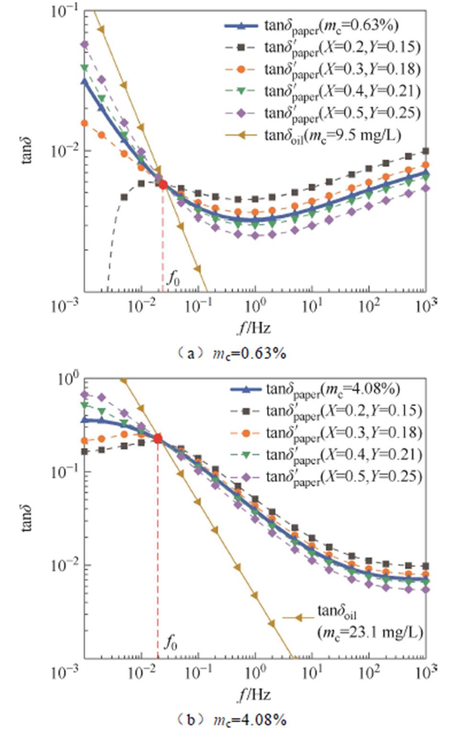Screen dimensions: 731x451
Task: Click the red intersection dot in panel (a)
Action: (x=163, y=184)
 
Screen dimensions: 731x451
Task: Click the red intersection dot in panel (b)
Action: (x=157, y=438)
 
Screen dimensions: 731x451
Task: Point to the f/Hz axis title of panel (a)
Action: (x=254, y=328)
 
